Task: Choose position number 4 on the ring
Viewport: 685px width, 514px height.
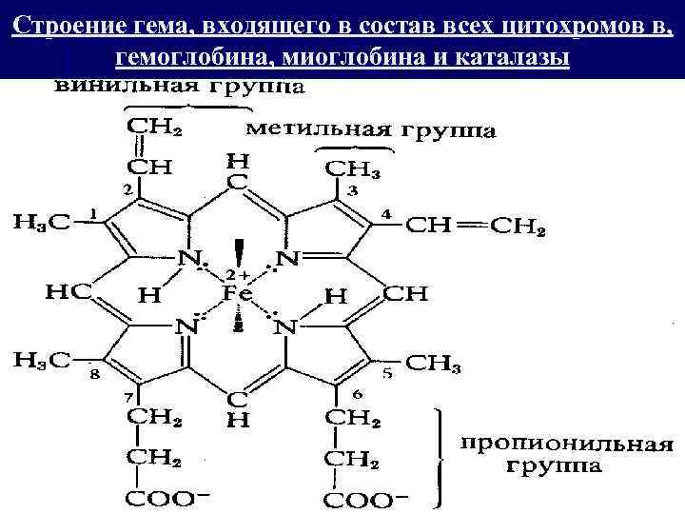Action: (x=385, y=214)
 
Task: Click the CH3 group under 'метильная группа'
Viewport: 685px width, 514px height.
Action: (x=353, y=168)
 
